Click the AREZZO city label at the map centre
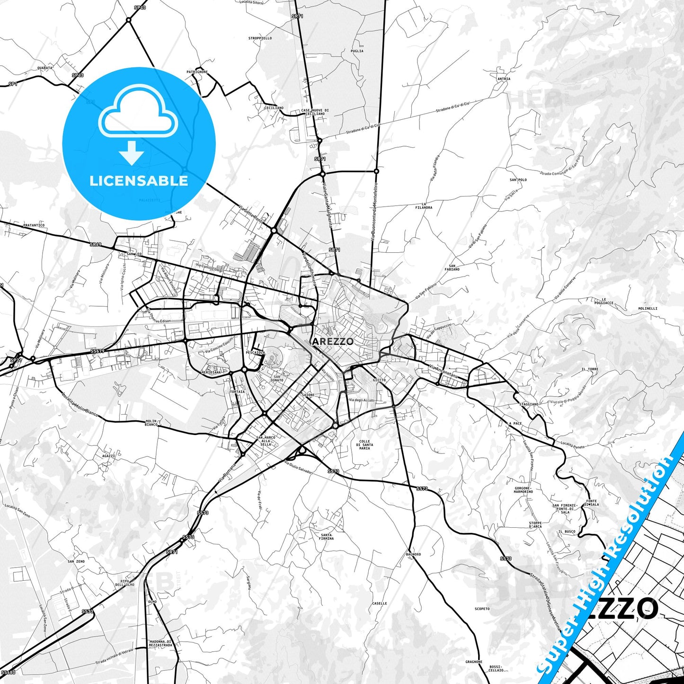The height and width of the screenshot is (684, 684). [x=333, y=341]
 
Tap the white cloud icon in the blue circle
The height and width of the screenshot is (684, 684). [x=138, y=114]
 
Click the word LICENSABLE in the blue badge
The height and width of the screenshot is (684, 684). [x=139, y=181]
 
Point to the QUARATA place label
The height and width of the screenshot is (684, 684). [x=45, y=68]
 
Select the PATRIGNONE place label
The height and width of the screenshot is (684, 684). [x=197, y=72]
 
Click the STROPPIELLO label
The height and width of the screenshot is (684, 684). [x=260, y=38]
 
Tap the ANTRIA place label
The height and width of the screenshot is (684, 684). [x=504, y=79]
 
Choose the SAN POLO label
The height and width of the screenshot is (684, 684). [x=518, y=180]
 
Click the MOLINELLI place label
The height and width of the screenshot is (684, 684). [x=648, y=308]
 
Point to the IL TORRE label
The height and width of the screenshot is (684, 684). [x=590, y=369]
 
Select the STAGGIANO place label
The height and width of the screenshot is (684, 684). [x=529, y=404]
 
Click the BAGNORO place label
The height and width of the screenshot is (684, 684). [x=413, y=554]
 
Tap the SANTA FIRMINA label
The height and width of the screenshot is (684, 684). [x=326, y=537]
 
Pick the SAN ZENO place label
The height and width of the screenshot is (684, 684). [x=76, y=561]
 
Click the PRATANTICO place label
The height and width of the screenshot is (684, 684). [x=34, y=225]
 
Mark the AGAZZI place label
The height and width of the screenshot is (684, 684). [x=108, y=456]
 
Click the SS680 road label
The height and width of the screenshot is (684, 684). [x=8, y=672]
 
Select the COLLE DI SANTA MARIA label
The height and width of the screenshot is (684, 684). [x=364, y=445]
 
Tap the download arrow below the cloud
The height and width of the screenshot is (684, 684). [x=132, y=152]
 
